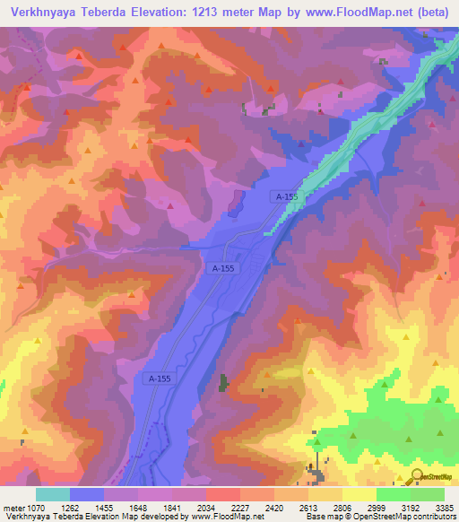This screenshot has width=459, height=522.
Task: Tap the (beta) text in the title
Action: (x=432, y=13)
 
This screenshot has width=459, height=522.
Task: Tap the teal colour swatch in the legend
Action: (x=52, y=494)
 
